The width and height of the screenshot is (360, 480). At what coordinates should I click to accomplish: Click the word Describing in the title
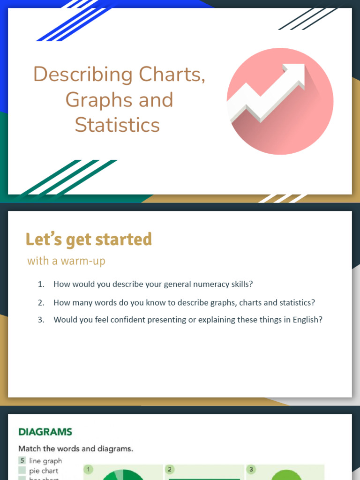click(x=82, y=75)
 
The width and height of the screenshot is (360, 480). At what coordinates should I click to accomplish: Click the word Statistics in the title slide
click(x=117, y=125)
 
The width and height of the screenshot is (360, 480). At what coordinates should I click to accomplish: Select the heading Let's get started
click(x=89, y=240)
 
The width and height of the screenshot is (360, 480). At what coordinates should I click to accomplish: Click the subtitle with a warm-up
click(x=66, y=261)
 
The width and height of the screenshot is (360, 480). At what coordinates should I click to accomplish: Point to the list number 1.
click(x=41, y=284)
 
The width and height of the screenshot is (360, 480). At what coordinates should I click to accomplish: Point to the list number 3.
click(x=41, y=320)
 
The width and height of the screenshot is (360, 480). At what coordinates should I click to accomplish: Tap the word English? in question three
click(x=307, y=320)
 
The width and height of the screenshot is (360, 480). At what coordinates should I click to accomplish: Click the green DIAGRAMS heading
click(x=45, y=432)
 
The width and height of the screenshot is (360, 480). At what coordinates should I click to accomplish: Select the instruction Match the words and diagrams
click(x=75, y=449)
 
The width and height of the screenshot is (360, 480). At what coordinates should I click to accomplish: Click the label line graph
click(x=45, y=461)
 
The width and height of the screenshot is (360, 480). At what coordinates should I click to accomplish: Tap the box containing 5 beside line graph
click(x=22, y=461)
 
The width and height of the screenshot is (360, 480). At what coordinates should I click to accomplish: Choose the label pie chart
click(x=44, y=471)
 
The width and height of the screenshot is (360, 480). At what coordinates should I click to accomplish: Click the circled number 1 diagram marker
click(x=88, y=468)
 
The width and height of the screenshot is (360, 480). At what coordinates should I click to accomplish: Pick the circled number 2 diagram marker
click(x=170, y=469)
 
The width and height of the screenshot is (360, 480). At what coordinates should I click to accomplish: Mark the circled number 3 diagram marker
click(x=251, y=469)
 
